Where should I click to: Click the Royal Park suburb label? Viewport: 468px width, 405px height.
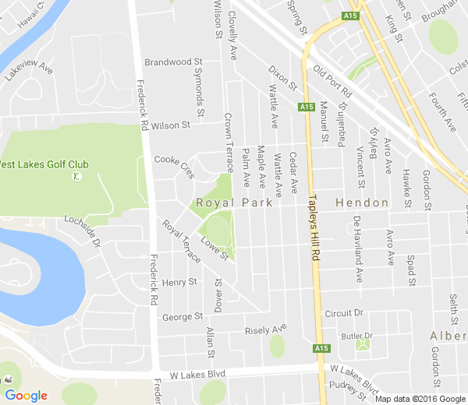[x=233, y=202]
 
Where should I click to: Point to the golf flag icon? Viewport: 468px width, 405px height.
[x=76, y=177]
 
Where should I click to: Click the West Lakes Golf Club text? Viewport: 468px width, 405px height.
[x=44, y=164]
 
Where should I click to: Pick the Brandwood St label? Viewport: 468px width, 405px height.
[x=173, y=61]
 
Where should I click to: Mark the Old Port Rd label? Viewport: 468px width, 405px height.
[x=331, y=81]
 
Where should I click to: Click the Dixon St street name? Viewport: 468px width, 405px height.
[x=283, y=76]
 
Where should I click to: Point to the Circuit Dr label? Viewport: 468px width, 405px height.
[x=344, y=313]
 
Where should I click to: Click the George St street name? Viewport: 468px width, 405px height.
[x=182, y=317]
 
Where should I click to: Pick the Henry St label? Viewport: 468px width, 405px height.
[x=181, y=281]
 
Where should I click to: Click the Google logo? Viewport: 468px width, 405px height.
[x=26, y=396]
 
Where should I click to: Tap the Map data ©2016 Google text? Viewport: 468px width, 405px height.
[x=420, y=399]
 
